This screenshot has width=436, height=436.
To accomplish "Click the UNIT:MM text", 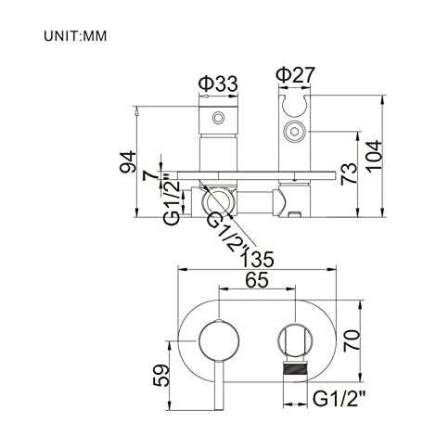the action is pyautogui.click(x=75, y=36).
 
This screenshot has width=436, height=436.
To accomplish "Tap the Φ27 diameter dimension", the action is pyautogui.click(x=296, y=74).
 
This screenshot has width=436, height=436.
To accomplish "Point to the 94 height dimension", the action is pyautogui.click(x=128, y=161).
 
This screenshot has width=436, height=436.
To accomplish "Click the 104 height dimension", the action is pyautogui.click(x=374, y=155).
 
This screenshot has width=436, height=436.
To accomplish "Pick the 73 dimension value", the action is pyautogui.click(x=349, y=173).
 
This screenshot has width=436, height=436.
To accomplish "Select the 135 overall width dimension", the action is pyautogui.click(x=257, y=259).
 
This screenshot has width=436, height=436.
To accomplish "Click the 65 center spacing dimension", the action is pyautogui.click(x=257, y=280).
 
